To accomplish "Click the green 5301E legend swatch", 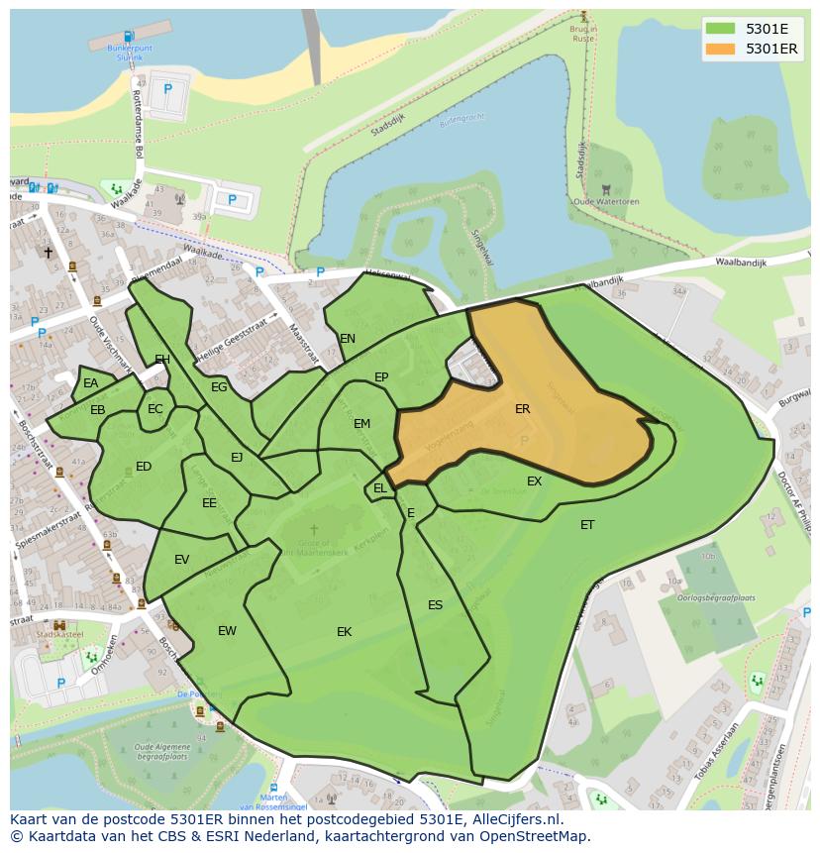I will (721, 29).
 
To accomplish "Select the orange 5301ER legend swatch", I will (721, 49).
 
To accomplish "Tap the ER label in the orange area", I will (523, 409).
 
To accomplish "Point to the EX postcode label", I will (535, 481).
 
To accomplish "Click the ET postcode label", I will (587, 525).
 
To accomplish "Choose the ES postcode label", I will (435, 605).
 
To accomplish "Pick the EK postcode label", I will (345, 632).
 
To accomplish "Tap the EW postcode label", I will (227, 631).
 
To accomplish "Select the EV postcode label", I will (181, 560).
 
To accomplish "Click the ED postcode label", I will (144, 467).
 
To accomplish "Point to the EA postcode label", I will (91, 383).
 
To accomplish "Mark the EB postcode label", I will (98, 410).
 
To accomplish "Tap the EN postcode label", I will (348, 339).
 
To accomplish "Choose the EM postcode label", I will (361, 424).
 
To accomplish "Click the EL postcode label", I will (380, 488).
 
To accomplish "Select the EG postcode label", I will (219, 387).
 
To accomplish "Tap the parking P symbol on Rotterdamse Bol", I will (167, 89).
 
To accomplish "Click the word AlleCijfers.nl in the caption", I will (516, 819).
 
